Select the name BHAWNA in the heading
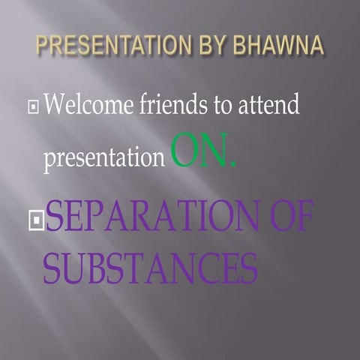pyautogui.click(x=282, y=46)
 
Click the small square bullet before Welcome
pyautogui.click(x=33, y=107)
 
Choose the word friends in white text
pyautogui.click(x=175, y=104)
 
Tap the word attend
pyautogui.click(x=268, y=105)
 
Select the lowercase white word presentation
pyautogui.click(x=103, y=158)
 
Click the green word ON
pyautogui.click(x=199, y=150)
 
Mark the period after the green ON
pyautogui.click(x=232, y=163)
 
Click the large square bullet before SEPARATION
pyautogui.click(x=34, y=220)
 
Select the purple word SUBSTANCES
pyautogui.click(x=150, y=268)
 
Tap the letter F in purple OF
pyautogui.click(x=304, y=217)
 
